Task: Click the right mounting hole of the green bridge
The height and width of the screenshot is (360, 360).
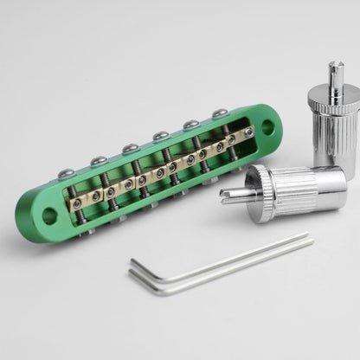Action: (x=267, y=127)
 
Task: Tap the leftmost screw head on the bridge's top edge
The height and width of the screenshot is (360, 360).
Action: (x=67, y=174)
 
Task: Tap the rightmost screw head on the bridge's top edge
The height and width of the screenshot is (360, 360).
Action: (x=220, y=113)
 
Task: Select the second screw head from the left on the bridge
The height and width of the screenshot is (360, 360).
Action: (x=99, y=161)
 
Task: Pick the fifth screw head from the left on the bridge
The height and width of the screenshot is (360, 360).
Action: (x=190, y=125)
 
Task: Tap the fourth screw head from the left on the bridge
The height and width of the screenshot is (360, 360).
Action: (x=161, y=136)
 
